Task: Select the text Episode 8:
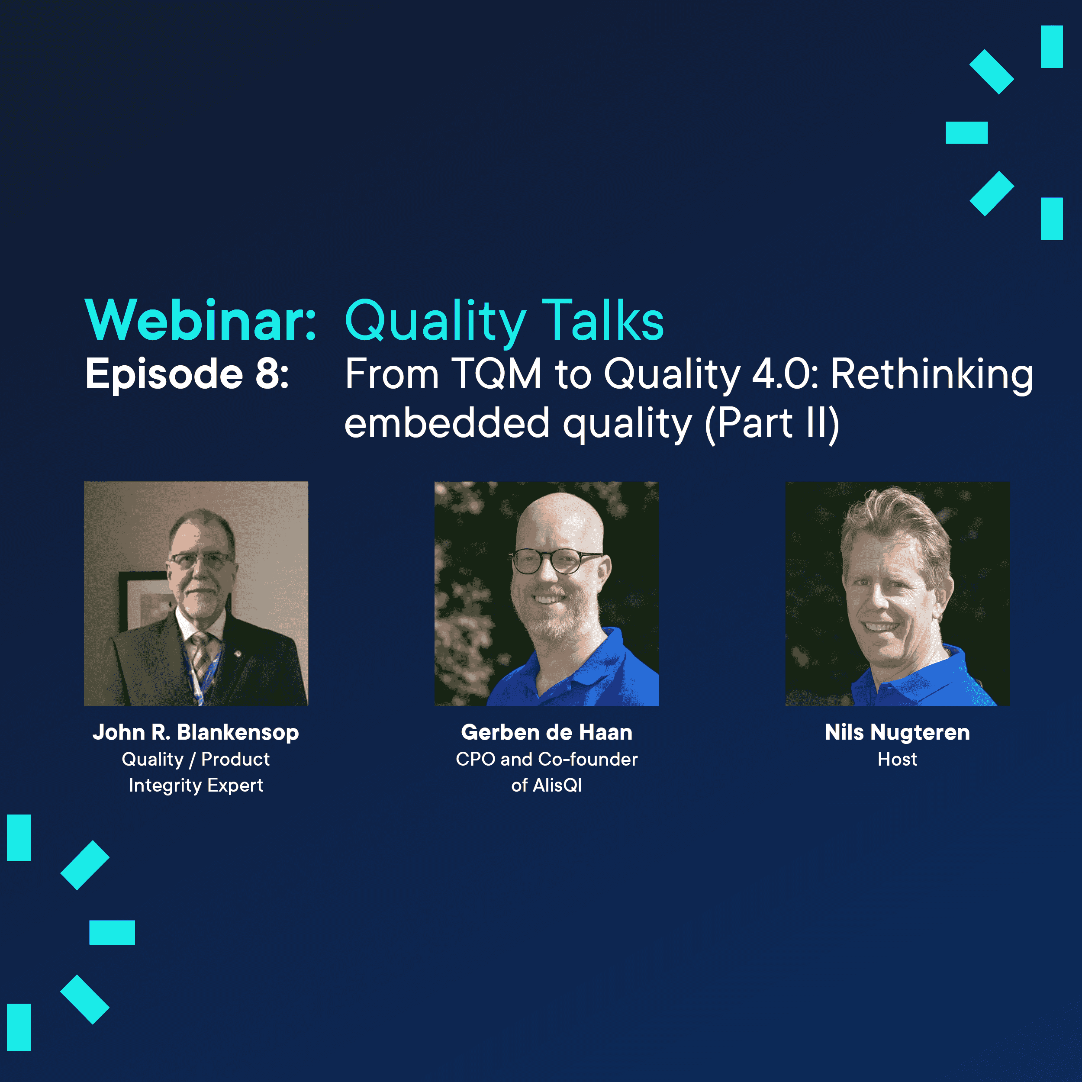tap(187, 374)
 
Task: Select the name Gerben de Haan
tap(547, 732)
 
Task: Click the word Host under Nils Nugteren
tap(897, 760)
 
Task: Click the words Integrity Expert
tap(196, 786)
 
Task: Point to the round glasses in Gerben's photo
tap(554, 560)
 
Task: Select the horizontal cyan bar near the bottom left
tap(112, 933)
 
